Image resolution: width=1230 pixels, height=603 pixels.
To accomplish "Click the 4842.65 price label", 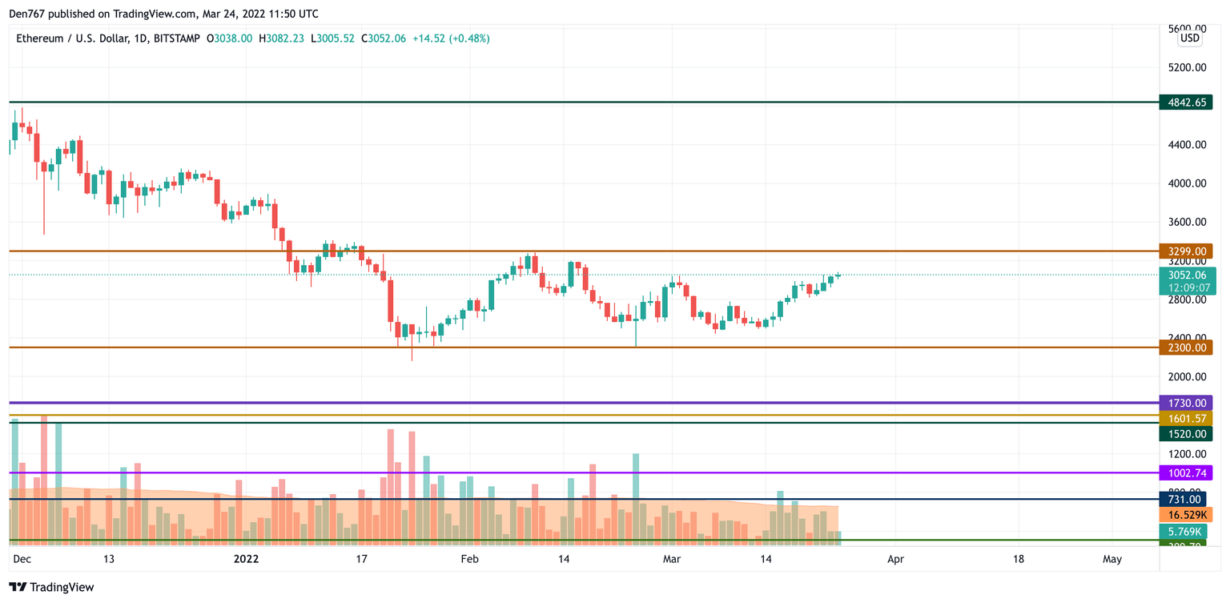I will pos(1186,103).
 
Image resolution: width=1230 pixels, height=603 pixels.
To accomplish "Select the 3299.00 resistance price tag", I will pos(1186,251).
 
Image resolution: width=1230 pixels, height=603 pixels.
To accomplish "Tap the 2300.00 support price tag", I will pos(1186,348).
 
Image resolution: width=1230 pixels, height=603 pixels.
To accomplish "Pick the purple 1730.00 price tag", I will pos(1186,403).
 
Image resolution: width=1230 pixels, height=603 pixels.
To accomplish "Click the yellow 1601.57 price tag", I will pos(1186,419).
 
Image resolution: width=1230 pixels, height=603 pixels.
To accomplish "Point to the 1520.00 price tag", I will pos(1186,434).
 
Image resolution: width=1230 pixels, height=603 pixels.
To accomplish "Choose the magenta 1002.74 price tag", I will pos(1186,473).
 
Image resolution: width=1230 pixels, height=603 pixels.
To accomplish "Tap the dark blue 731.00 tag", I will pos(1186,500).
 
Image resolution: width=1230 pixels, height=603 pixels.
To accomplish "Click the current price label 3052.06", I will pos(1186,275).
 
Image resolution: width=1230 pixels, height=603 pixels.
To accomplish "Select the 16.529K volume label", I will pos(1186,515).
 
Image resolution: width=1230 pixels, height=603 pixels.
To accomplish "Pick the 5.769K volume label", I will pos(1186,531).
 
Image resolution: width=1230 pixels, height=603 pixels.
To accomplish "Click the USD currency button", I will pos(1190,38).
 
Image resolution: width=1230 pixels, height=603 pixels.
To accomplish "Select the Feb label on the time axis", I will pos(470,559).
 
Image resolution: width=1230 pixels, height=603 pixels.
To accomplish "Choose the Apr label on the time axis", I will pos(895,559).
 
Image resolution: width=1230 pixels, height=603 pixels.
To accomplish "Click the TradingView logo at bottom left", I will pos(52,587).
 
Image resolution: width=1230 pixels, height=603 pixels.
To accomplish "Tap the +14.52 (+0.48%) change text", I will pos(451,38).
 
